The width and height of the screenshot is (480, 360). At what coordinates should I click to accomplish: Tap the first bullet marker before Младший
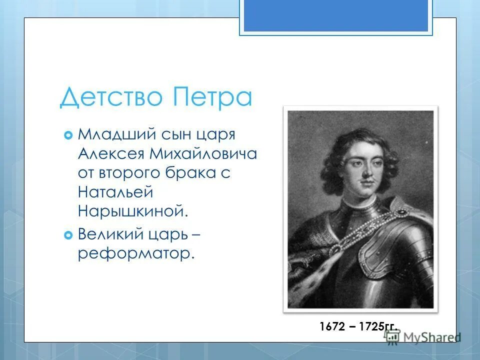coord(68,135)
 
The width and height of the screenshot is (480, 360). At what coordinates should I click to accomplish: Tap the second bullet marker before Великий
coord(68,234)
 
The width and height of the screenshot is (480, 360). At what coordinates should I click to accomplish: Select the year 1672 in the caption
coord(332,327)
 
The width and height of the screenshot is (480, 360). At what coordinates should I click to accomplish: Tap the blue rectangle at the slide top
coord(335,15)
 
